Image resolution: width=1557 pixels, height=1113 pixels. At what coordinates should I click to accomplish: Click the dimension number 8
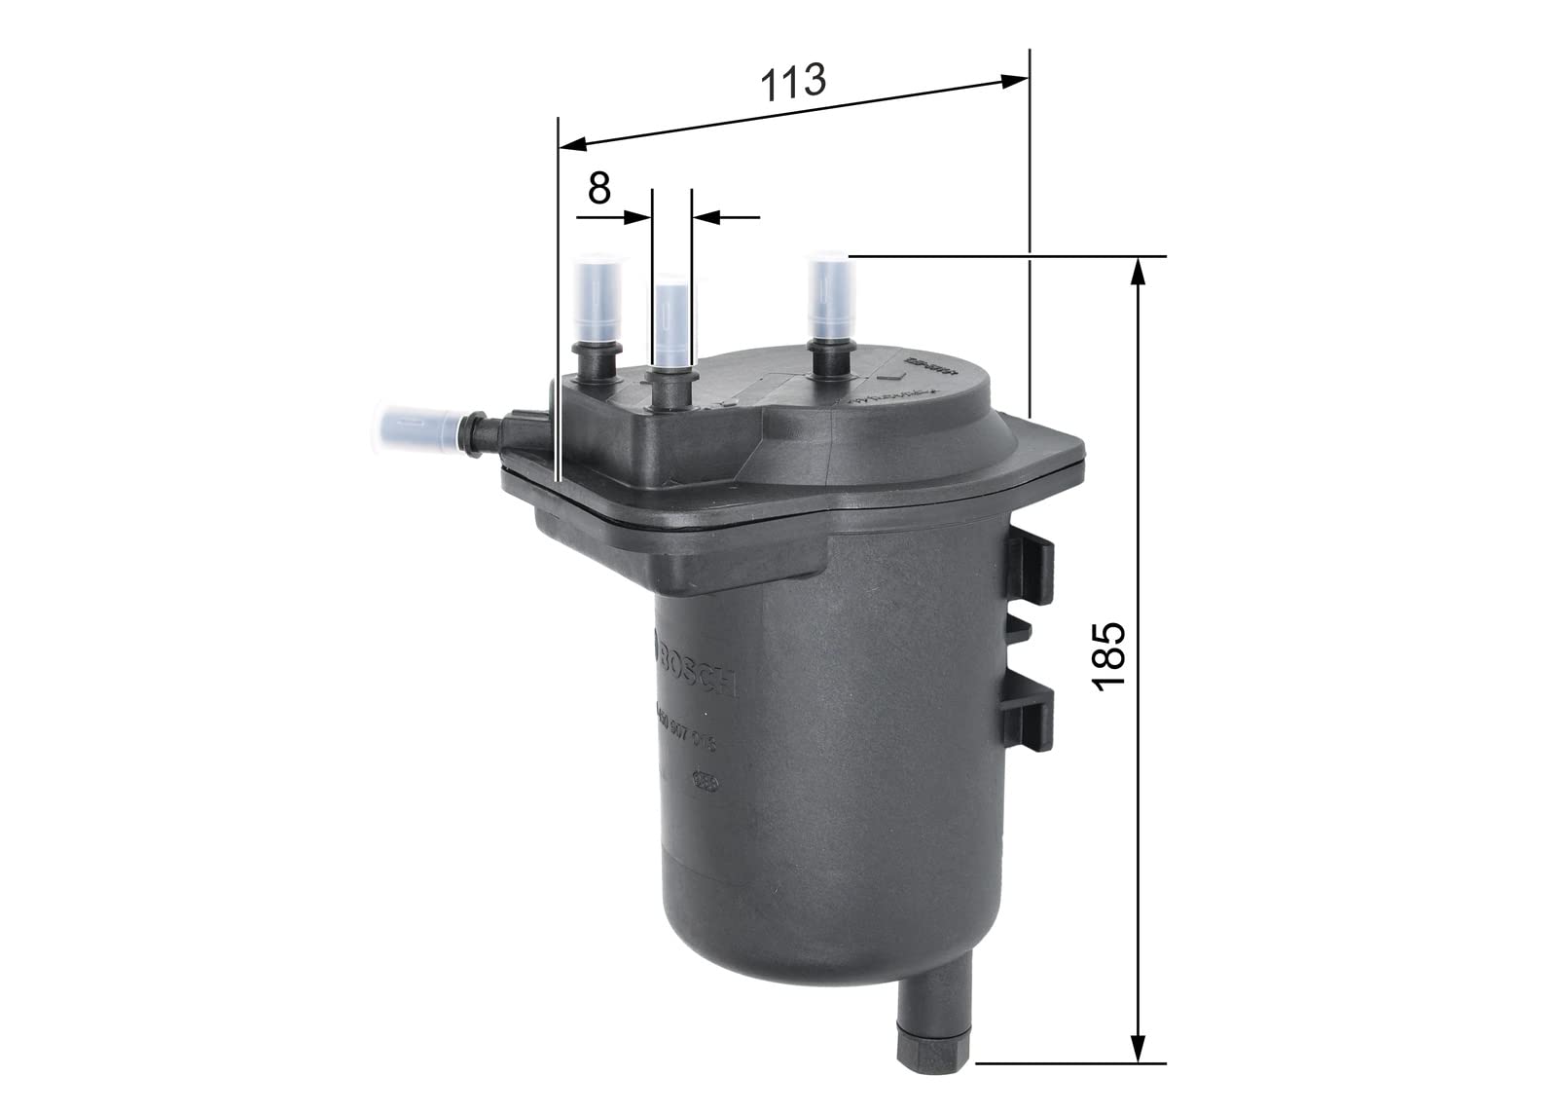tap(599, 187)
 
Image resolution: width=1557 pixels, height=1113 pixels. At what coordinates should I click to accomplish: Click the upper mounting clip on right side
tap(1031, 569)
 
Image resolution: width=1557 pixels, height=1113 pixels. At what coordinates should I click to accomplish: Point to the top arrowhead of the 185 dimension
tap(1138, 272)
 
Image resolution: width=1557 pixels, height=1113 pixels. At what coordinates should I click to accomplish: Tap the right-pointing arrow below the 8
tap(637, 217)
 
